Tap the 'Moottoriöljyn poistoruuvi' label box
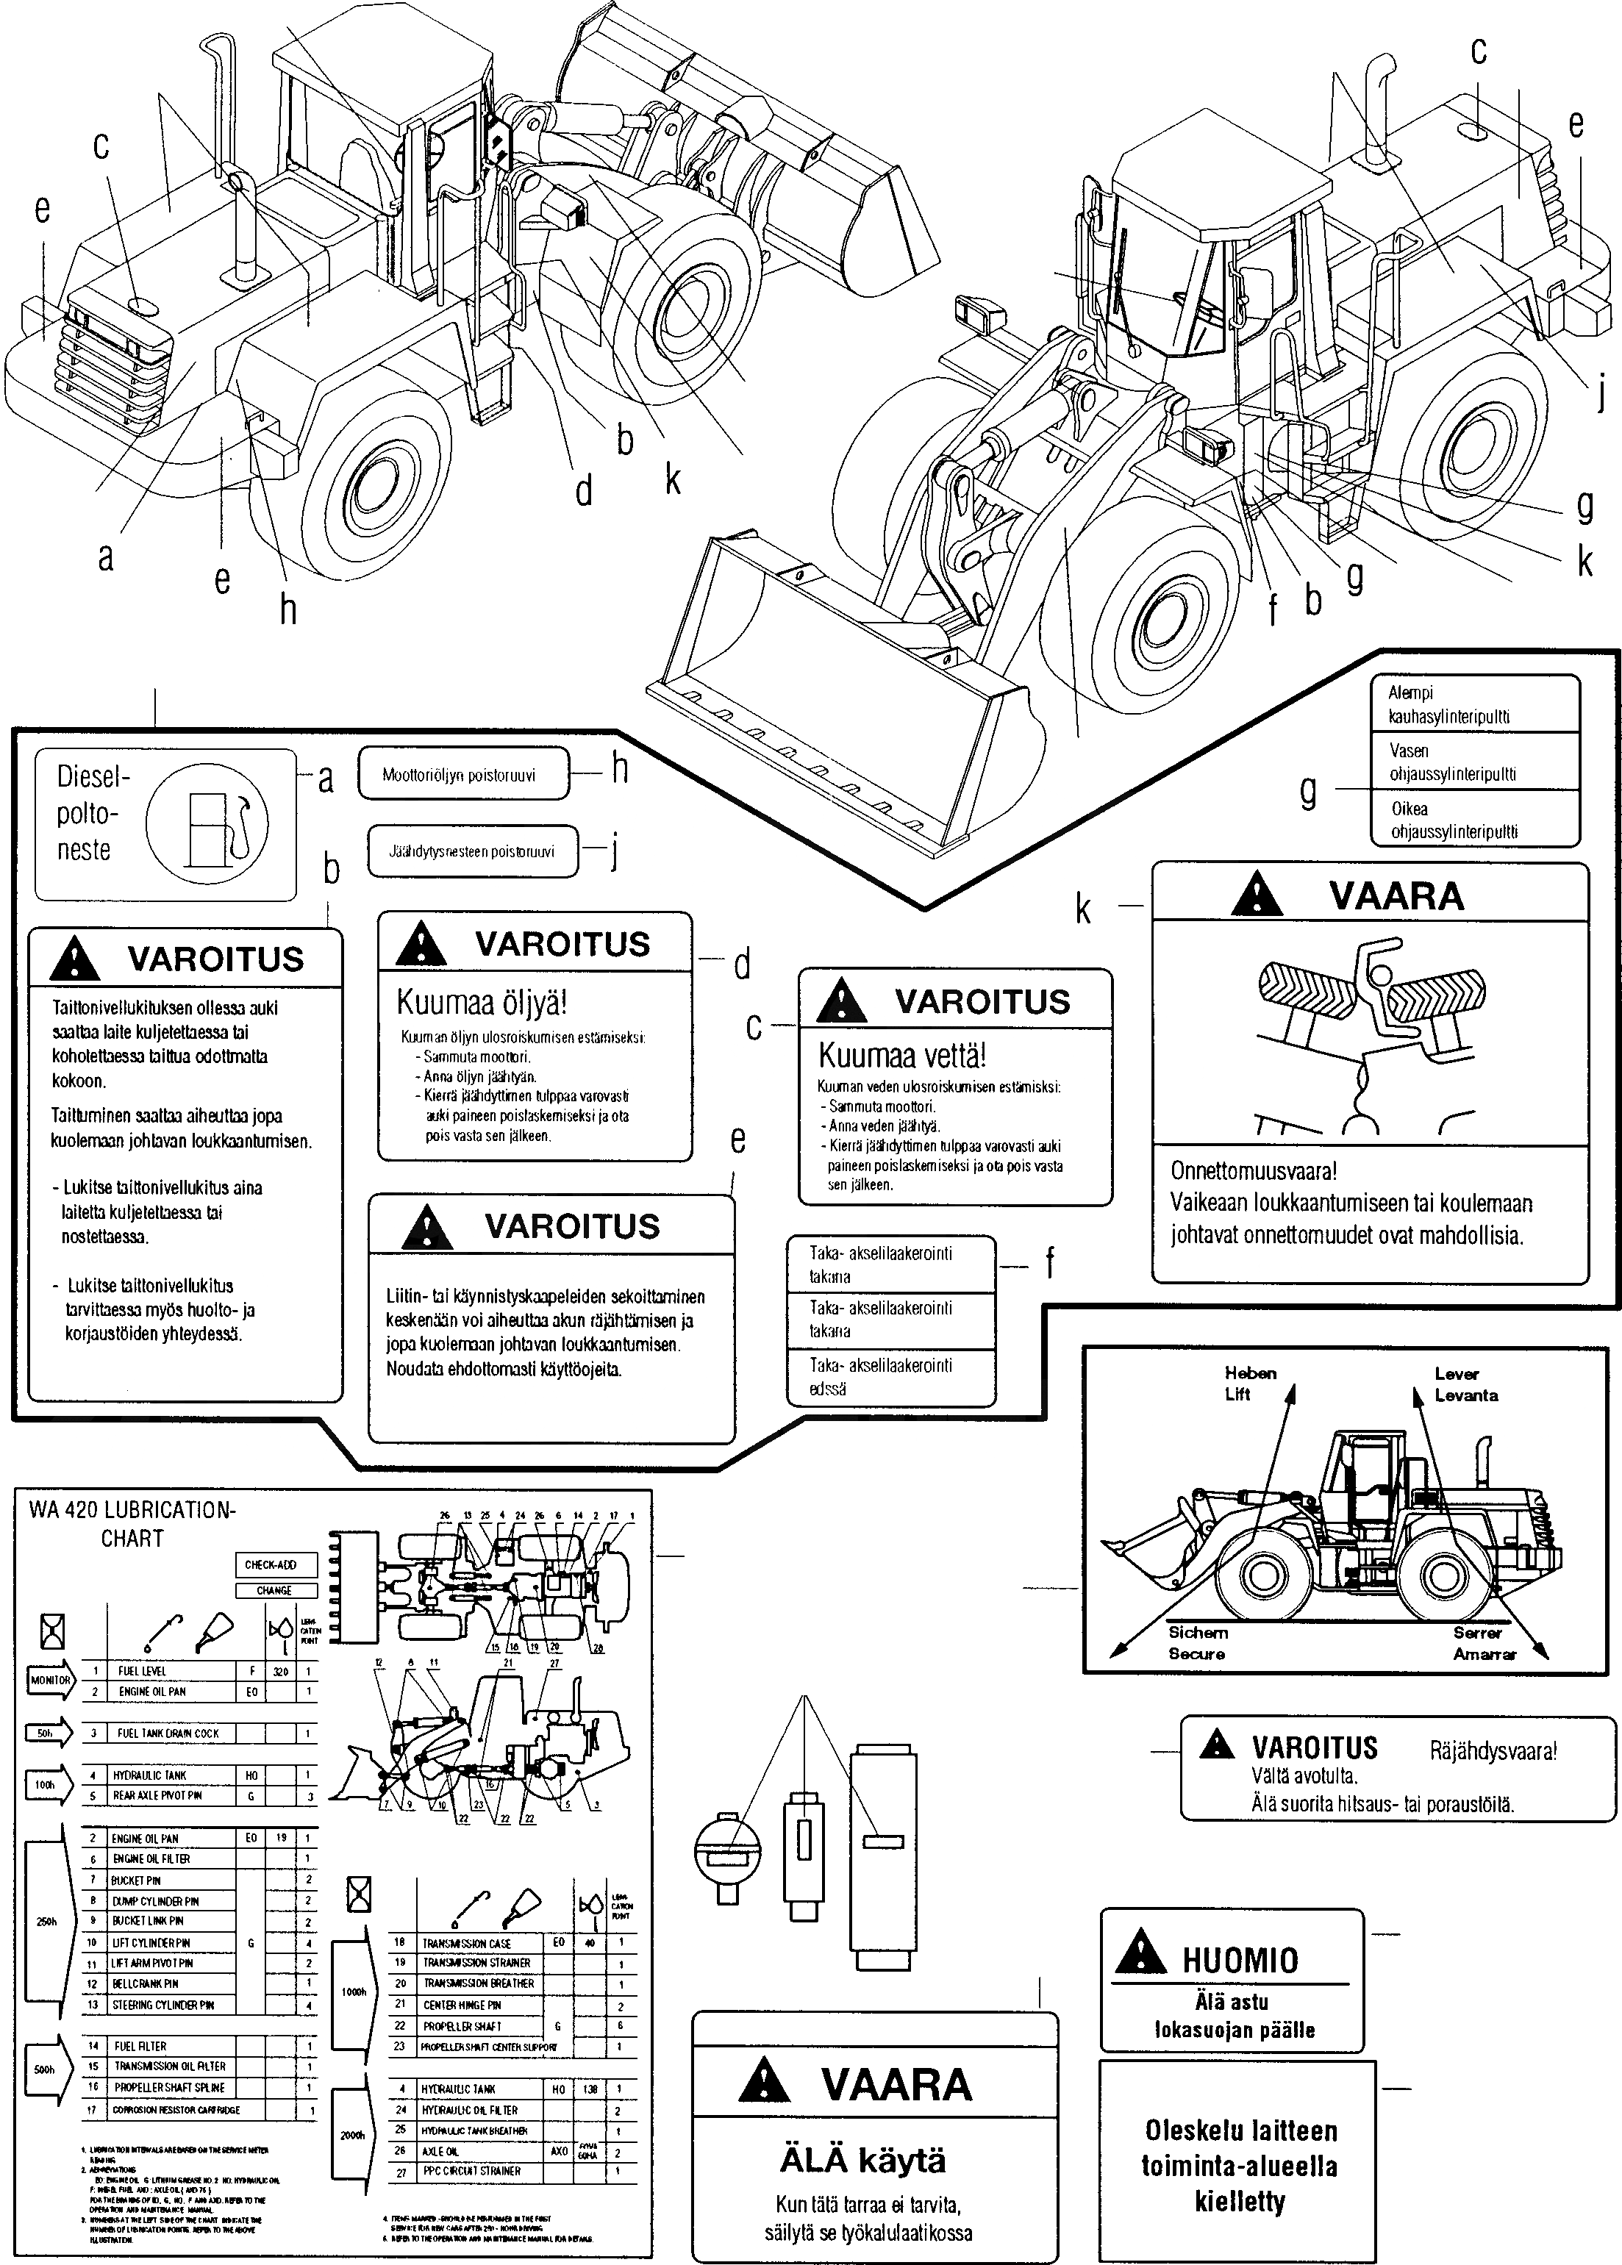462,774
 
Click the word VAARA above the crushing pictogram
1396,896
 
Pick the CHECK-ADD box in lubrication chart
276,1565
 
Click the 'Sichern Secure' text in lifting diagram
1198,1643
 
